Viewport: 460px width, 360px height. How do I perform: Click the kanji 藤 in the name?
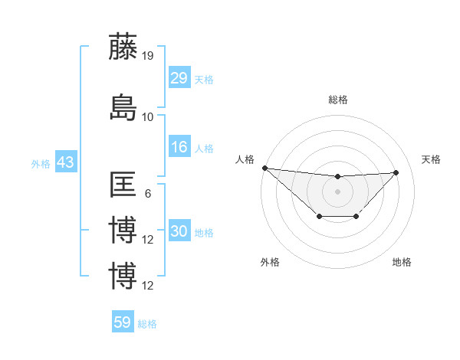tap(123, 47)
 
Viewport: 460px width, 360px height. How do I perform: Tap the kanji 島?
tap(123, 107)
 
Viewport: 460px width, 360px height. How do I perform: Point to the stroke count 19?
tap(148, 55)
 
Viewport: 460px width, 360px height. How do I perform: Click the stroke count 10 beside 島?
tap(148, 116)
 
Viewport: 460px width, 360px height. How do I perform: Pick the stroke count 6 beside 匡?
tap(148, 193)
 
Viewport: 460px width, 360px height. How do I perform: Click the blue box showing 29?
tap(179, 77)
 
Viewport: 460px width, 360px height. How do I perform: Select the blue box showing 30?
tap(179, 231)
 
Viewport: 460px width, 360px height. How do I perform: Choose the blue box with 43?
tap(65, 163)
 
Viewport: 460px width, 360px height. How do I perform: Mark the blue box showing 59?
tap(123, 322)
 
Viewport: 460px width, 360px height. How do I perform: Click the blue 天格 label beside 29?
tap(204, 79)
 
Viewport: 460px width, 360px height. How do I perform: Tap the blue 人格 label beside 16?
tap(204, 148)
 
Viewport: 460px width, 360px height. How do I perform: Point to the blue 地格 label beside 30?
tap(204, 232)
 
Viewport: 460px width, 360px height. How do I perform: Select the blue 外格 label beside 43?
tap(41, 164)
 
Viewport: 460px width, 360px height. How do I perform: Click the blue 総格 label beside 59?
tap(147, 324)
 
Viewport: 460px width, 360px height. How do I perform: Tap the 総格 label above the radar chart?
tap(337, 100)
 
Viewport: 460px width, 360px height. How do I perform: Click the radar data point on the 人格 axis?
tap(264, 168)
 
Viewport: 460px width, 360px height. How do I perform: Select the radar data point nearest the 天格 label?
tap(396, 172)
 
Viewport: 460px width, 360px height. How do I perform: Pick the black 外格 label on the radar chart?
tap(270, 262)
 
